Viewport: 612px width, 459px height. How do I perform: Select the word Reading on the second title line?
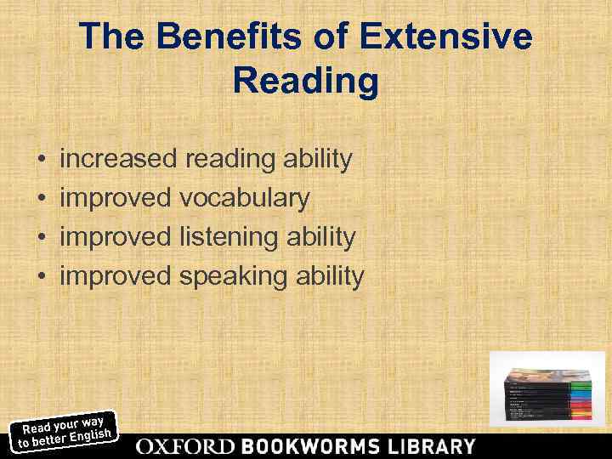[306, 82]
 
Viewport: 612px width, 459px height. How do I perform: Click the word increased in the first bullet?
[120, 159]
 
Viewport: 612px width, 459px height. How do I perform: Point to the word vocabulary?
[245, 199]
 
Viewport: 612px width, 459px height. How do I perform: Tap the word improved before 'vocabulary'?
[116, 199]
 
